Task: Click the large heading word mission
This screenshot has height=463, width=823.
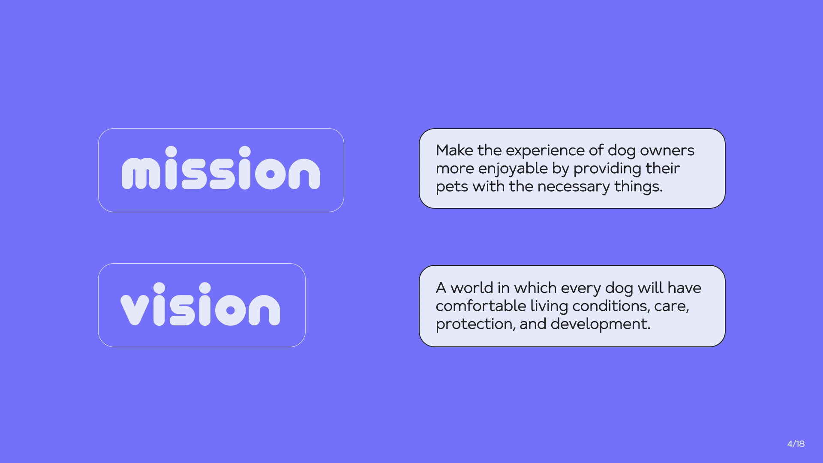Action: [x=221, y=168]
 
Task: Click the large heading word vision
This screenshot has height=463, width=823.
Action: [x=200, y=304]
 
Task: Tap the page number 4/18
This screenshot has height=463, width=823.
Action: [x=796, y=444]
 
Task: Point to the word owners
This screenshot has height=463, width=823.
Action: [x=667, y=151]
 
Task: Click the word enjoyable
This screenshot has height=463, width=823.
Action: [x=513, y=169]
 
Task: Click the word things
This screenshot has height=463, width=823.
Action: [x=639, y=187]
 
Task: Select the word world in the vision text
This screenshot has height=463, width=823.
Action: [x=472, y=288]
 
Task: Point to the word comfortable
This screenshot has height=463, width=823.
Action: [x=481, y=306]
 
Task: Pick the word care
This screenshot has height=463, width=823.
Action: [x=671, y=307]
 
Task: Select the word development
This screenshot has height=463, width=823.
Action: [x=601, y=325]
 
